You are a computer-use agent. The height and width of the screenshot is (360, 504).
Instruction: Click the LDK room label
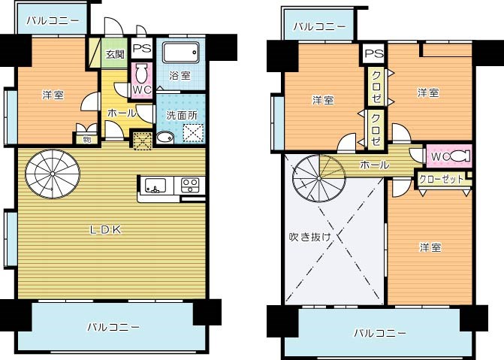click(x=106, y=229)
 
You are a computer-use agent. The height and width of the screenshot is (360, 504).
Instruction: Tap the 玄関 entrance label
click(x=115, y=54)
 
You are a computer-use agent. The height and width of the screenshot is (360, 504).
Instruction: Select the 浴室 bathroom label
click(x=180, y=75)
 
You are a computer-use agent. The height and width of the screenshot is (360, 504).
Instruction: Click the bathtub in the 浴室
click(x=180, y=54)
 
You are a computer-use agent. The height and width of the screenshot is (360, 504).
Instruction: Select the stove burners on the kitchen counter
click(x=190, y=184)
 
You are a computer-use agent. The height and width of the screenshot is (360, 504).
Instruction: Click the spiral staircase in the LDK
click(x=50, y=174)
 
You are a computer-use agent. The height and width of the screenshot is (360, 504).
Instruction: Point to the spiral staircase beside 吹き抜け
click(x=316, y=180)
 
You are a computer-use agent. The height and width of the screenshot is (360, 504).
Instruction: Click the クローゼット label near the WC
click(x=441, y=180)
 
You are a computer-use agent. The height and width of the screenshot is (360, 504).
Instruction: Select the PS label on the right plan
click(x=373, y=54)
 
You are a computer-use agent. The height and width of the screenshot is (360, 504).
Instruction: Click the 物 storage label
click(x=86, y=138)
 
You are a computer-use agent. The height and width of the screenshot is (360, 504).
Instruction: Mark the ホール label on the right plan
click(x=374, y=165)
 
